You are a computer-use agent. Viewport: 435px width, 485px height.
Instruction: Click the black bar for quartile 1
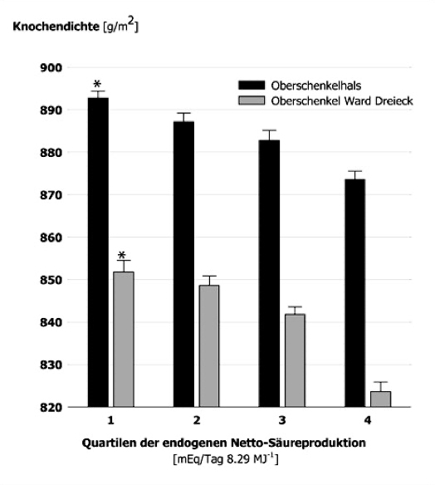click(x=98, y=252)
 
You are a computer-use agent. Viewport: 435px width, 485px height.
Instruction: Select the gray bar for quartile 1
click(x=124, y=340)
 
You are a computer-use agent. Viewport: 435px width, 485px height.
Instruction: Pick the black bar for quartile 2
click(x=183, y=264)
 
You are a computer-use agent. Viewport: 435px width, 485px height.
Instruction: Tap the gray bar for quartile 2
click(x=209, y=345)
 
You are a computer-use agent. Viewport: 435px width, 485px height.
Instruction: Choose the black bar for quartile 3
click(x=269, y=273)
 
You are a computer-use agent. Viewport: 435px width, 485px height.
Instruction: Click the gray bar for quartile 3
click(x=295, y=360)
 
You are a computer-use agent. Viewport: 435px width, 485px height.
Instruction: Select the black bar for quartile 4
click(x=355, y=293)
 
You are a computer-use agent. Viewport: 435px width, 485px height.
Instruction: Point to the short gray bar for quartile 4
click(x=380, y=399)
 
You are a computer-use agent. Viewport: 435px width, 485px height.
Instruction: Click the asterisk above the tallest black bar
click(x=97, y=84)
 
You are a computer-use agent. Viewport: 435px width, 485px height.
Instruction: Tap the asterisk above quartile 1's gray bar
click(x=122, y=256)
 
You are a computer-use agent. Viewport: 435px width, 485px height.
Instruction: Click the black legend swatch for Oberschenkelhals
click(x=252, y=85)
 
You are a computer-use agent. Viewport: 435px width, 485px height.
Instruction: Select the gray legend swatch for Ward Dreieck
click(x=252, y=100)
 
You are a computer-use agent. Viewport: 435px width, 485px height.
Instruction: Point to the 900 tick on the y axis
click(x=51, y=67)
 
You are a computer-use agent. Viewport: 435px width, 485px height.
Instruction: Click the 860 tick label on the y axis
click(x=51, y=238)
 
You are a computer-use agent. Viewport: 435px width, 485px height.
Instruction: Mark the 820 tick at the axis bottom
click(x=51, y=408)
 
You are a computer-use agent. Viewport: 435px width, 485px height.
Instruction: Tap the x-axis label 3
click(x=282, y=420)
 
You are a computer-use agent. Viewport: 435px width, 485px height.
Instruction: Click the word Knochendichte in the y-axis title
click(x=56, y=27)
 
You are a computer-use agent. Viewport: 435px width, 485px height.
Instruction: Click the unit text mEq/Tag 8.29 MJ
click(x=225, y=458)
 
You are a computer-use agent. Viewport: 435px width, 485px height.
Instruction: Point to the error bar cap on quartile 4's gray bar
click(x=380, y=382)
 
